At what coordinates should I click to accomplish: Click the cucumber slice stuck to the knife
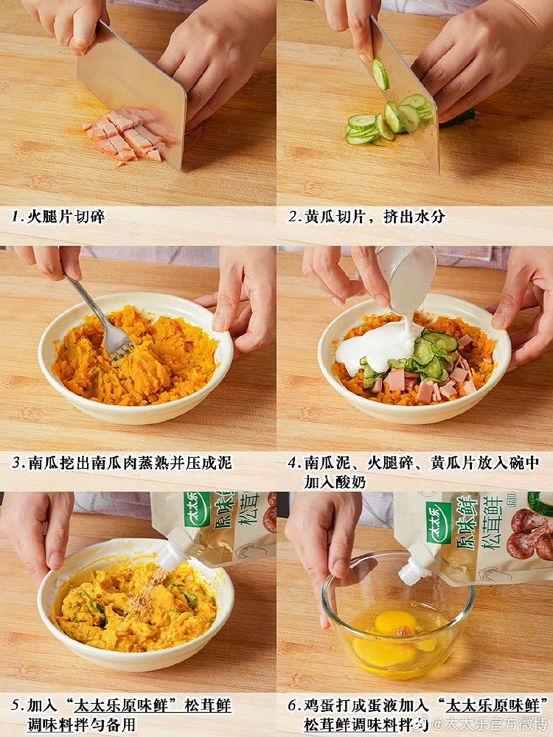[x=380, y=74]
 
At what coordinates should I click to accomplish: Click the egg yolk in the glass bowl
[x=394, y=623]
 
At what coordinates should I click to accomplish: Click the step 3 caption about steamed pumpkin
[x=122, y=463]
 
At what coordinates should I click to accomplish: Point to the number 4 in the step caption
[x=293, y=463]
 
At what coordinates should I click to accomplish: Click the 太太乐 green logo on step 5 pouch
[x=197, y=509]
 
